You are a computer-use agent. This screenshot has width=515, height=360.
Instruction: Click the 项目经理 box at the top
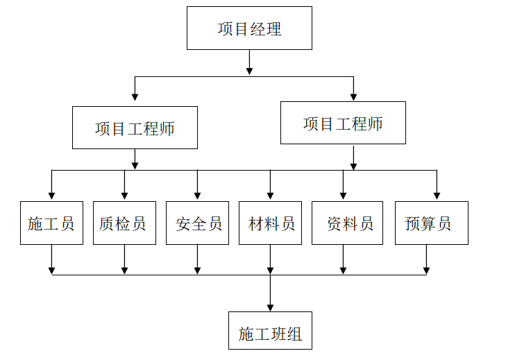point(249,28)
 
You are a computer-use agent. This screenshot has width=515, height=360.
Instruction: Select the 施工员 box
point(51,223)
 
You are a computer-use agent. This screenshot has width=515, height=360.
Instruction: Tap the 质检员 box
point(124,223)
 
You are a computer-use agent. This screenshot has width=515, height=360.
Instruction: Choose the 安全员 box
point(197,223)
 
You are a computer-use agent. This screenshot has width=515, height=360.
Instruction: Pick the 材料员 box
point(270,223)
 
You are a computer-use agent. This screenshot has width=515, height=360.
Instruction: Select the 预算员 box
point(431,223)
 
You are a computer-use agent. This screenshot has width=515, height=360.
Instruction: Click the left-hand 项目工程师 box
point(135,128)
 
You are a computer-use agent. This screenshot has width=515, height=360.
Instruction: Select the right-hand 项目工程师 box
point(343,123)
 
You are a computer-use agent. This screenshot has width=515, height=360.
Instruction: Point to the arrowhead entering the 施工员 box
point(51,196)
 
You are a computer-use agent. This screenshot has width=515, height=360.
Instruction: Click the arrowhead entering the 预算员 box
point(437,196)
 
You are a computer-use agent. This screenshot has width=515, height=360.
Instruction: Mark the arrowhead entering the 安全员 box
point(197,196)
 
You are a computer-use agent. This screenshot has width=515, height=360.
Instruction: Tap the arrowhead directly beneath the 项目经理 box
point(249,70)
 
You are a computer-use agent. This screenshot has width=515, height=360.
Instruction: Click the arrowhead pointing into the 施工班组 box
point(270,307)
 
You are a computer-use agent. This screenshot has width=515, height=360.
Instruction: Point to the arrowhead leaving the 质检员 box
point(124,270)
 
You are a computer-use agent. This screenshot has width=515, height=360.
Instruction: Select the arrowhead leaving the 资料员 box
point(343,270)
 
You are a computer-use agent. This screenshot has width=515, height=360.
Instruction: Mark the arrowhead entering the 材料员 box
point(270,196)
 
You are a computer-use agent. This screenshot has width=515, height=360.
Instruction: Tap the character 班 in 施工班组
point(278,334)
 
